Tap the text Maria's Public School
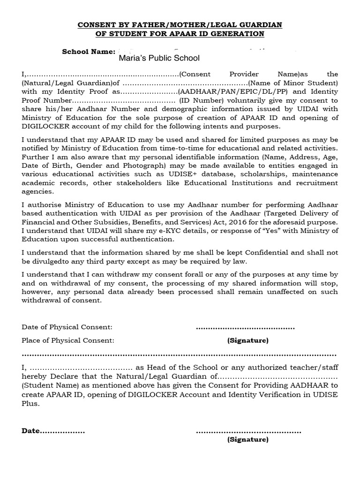[x=159, y=59]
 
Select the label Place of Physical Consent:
[x=68, y=340]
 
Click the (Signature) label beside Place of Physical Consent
[x=248, y=340]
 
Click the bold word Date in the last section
[x=31, y=431]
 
